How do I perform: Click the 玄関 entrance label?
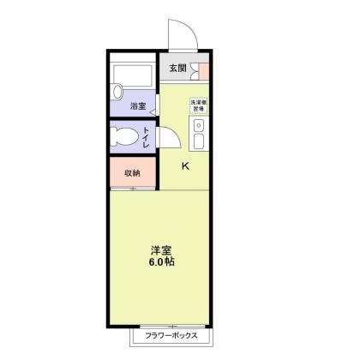(177, 69)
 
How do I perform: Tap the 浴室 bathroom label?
(138, 106)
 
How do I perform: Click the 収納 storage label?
(131, 171)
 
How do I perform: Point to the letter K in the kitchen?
(185, 167)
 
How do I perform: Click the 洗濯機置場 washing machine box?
(198, 106)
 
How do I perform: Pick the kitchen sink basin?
(199, 142)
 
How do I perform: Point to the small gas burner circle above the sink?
(199, 127)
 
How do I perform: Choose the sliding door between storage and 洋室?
(133, 188)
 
